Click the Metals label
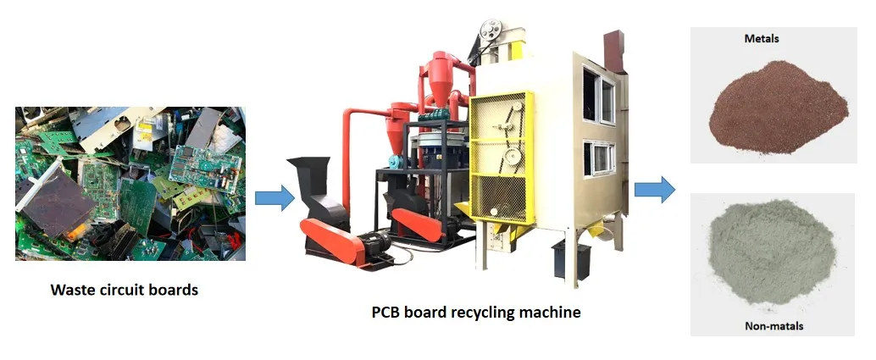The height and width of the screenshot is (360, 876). coord(762,39)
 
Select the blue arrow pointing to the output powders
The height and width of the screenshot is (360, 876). coord(655,188)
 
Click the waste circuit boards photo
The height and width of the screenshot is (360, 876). coord(130,182)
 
